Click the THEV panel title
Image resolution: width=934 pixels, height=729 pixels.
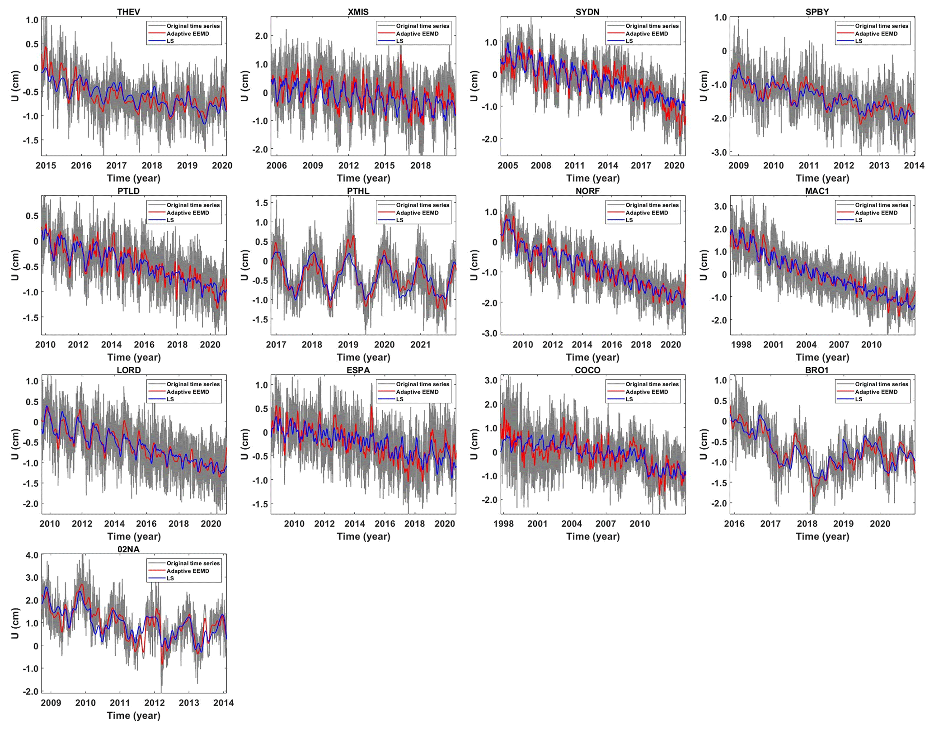(128, 12)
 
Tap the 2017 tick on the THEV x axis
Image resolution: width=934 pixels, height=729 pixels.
(117, 166)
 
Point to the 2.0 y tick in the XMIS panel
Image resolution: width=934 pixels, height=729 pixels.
(262, 36)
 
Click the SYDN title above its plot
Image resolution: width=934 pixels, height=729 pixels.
(587, 12)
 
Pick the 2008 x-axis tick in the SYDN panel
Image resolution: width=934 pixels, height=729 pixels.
(541, 166)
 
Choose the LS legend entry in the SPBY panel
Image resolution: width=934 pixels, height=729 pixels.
(859, 41)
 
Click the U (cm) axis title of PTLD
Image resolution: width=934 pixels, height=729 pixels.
(15, 265)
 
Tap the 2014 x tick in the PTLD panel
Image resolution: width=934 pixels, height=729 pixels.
(111, 345)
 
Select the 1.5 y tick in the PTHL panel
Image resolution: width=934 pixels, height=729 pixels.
(262, 203)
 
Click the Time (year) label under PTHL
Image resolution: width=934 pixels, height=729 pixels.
(363, 357)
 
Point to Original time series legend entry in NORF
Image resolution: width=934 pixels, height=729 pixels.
(652, 205)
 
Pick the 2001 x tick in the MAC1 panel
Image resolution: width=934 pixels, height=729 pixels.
(773, 345)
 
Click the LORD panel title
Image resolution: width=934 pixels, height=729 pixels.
(128, 370)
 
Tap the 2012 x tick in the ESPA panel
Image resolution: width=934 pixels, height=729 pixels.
(324, 524)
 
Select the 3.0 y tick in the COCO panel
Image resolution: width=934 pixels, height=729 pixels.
(491, 380)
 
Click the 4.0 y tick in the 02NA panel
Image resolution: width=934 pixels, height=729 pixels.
(32, 555)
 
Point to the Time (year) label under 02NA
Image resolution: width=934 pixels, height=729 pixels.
(134, 715)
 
